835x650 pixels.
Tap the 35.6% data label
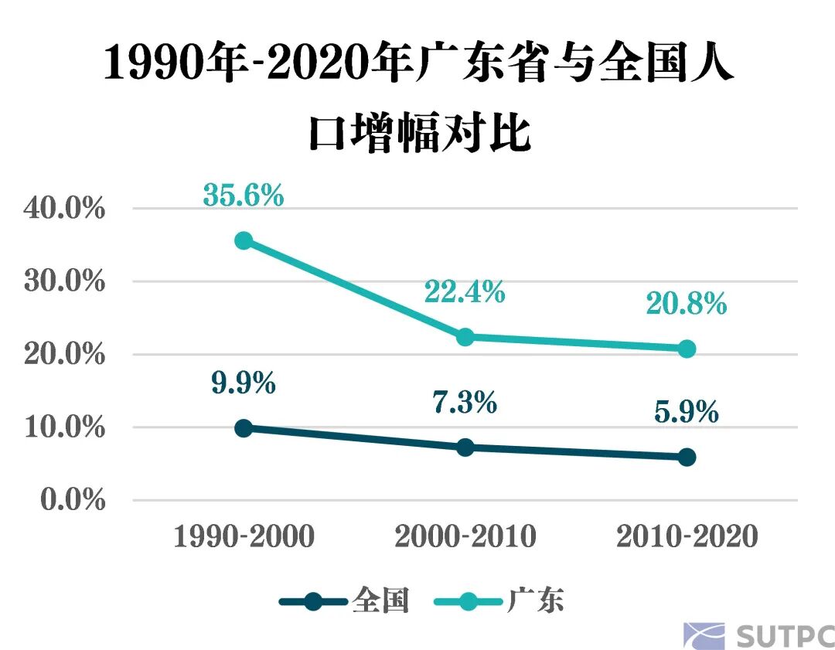(244, 195)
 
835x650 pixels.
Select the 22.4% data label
(464, 292)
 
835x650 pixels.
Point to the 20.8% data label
(687, 304)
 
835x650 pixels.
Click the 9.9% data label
(244, 383)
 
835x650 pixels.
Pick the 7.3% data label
(464, 403)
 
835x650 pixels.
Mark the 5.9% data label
(687, 413)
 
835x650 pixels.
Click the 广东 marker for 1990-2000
(244, 240)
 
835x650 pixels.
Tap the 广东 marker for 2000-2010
(465, 337)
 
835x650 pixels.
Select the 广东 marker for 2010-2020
(687, 349)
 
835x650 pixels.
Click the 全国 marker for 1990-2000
(244, 428)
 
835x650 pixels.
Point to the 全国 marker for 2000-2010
(465, 448)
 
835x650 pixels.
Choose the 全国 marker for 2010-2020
(687, 458)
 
